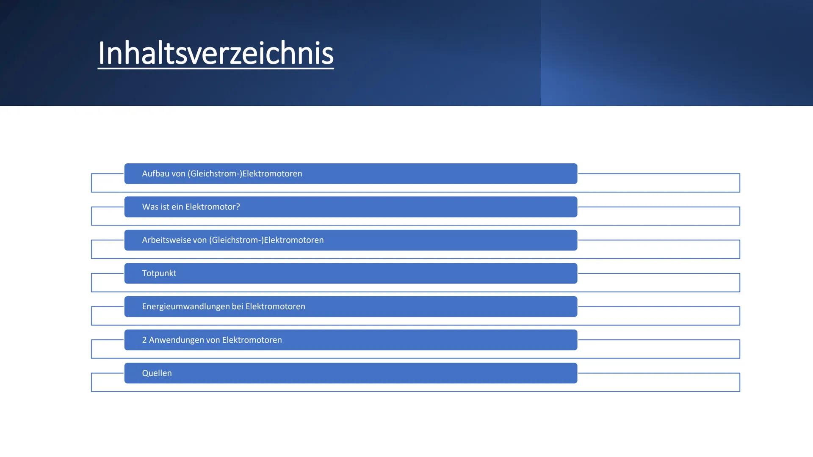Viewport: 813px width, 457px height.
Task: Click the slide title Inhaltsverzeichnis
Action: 216,53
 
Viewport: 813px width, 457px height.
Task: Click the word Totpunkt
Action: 159,273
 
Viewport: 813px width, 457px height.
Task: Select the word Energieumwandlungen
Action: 185,307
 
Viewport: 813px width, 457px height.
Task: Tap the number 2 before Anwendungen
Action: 144,340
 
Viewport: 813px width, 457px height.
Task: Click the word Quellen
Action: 157,373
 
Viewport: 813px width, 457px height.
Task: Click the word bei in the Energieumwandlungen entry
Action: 238,307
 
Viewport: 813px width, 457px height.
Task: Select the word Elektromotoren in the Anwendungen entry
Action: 252,340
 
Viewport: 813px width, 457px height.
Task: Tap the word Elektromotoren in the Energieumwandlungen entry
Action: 275,307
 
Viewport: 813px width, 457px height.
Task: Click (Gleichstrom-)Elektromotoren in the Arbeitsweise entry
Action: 266,240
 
